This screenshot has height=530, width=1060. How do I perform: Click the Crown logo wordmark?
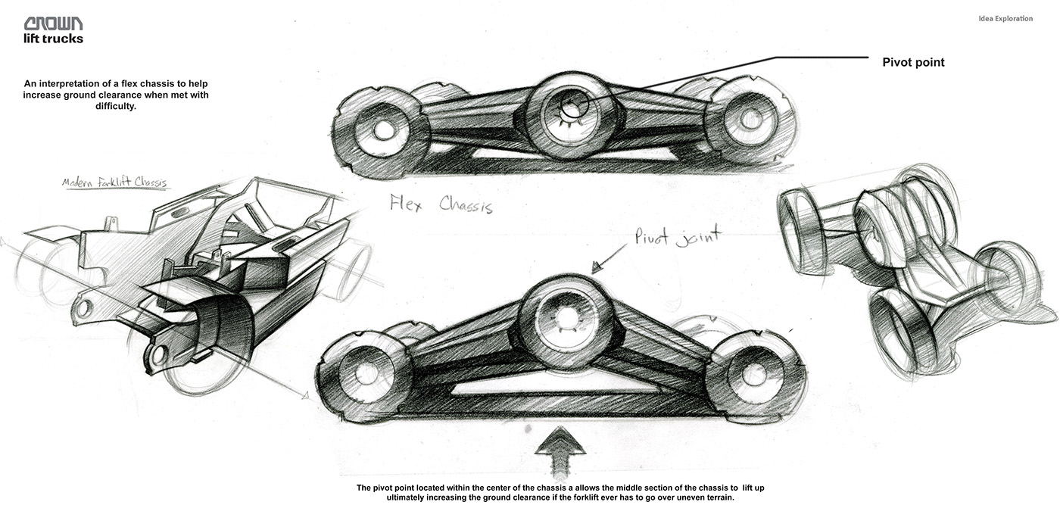click(53, 24)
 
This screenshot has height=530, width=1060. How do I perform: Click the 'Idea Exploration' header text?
click(1005, 19)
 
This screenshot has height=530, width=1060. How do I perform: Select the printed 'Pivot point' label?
click(913, 62)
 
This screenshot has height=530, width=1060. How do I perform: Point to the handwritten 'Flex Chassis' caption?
click(441, 204)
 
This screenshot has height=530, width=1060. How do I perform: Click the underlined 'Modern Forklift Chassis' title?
click(116, 183)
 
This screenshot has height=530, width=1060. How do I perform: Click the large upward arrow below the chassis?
click(560, 450)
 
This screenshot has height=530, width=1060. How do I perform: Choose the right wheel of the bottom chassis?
click(753, 375)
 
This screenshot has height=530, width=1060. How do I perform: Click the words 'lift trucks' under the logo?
click(53, 39)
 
